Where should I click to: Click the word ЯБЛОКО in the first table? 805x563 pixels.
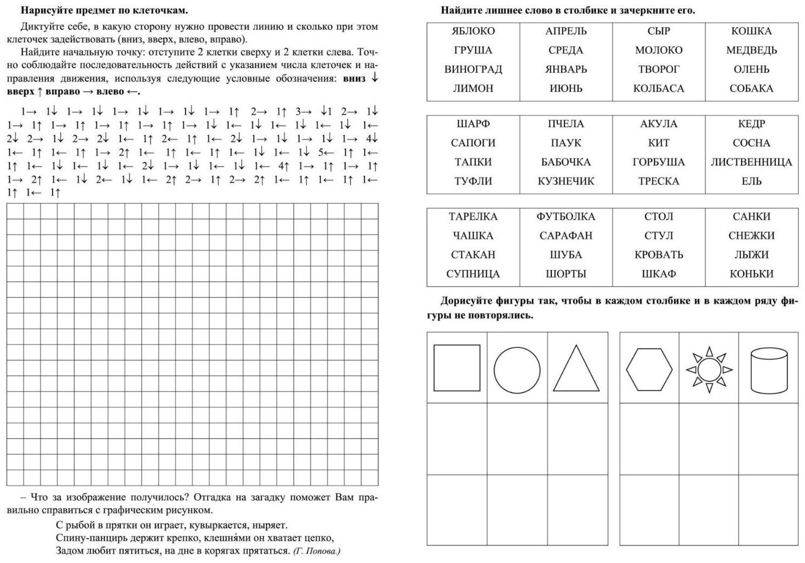tap(473, 31)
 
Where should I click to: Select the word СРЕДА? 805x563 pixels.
tap(565, 50)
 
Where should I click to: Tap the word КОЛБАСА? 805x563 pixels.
tap(659, 88)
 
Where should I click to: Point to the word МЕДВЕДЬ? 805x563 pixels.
tap(751, 50)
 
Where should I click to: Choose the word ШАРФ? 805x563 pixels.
tap(473, 124)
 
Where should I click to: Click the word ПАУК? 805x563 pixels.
tap(565, 143)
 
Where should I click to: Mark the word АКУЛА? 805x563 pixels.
tap(659, 124)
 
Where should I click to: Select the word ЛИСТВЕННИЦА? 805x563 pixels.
tap(751, 162)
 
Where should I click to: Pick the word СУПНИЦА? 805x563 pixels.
tap(473, 274)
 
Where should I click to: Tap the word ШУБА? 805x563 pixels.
tap(565, 255)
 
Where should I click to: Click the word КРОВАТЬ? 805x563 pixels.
tap(659, 255)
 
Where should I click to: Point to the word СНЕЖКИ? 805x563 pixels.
tap(751, 236)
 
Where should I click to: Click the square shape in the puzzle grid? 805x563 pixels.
tap(457, 368)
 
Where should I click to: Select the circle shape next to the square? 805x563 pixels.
tap(517, 371)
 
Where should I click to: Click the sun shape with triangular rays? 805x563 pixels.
tap(709, 370)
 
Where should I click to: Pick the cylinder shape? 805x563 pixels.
tap(769, 370)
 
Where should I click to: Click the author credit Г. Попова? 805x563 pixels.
tap(317, 551)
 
